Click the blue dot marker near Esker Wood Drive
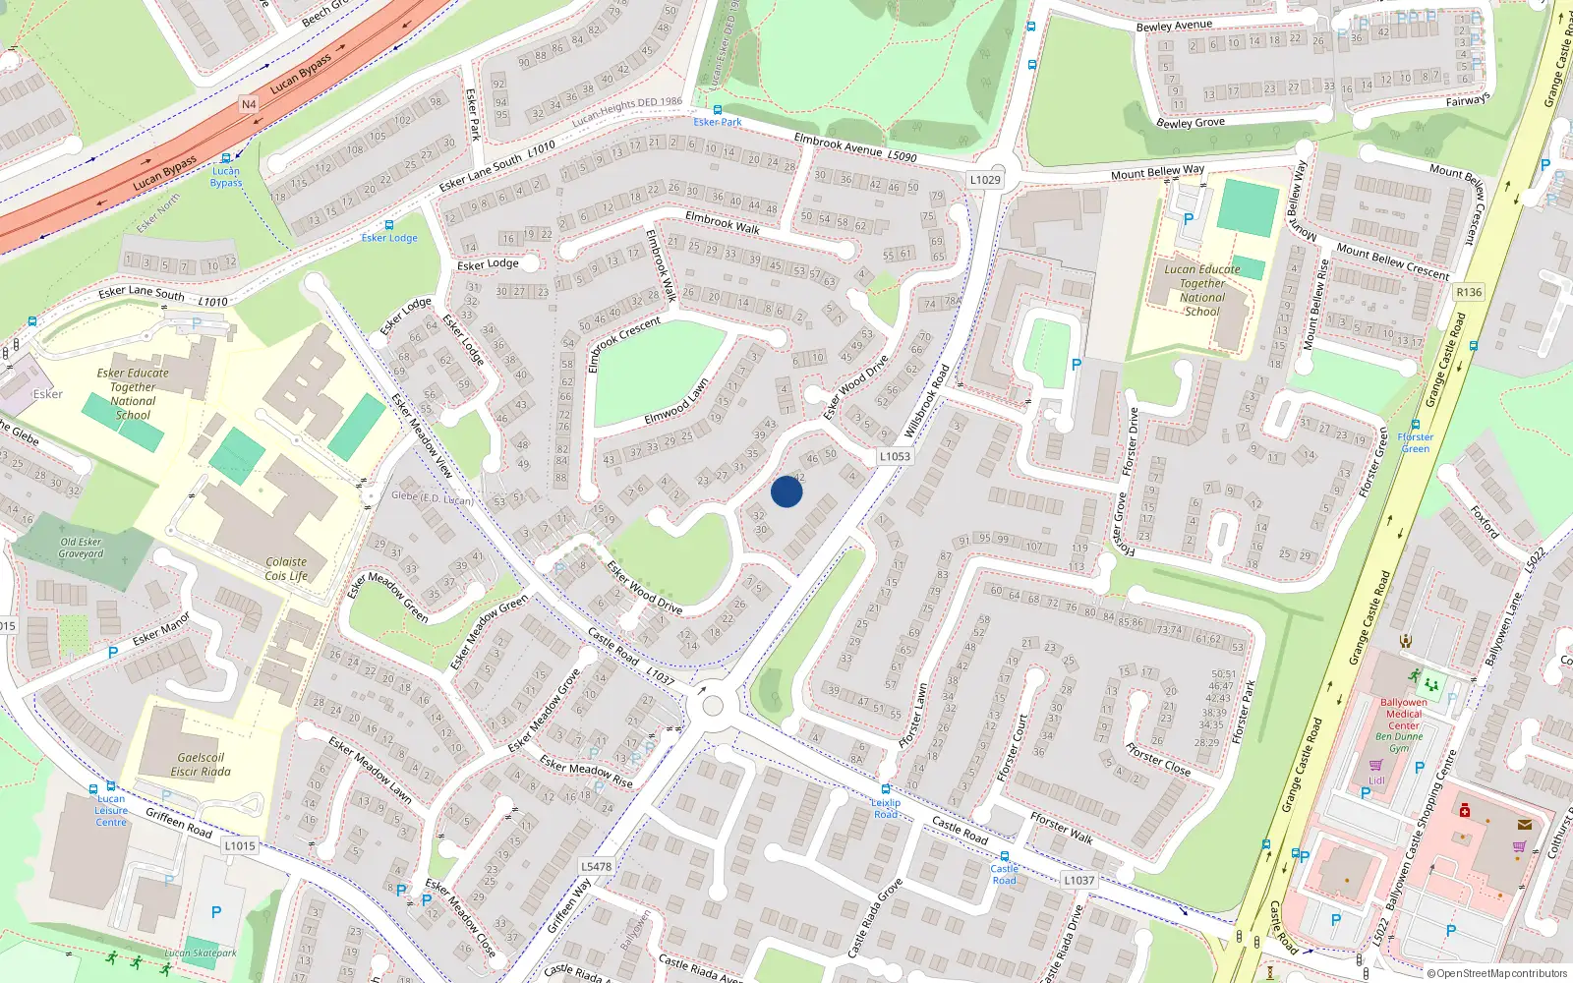click(x=786, y=491)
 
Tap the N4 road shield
click(x=249, y=104)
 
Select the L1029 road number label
click(x=985, y=180)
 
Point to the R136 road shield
click(x=1469, y=292)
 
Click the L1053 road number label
click(x=895, y=456)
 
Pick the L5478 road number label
click(x=596, y=866)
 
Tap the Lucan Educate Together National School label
click(x=1202, y=290)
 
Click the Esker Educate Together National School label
click(x=133, y=394)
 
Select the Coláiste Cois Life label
click(x=286, y=569)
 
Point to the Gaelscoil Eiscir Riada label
click(x=201, y=765)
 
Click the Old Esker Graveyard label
click(x=81, y=548)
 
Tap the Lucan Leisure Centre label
click(x=111, y=811)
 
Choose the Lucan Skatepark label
click(x=201, y=953)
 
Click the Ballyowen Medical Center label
click(x=1403, y=714)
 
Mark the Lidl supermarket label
click(x=1376, y=781)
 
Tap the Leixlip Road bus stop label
click(x=886, y=808)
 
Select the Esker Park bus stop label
click(x=718, y=122)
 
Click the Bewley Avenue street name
click(x=1174, y=26)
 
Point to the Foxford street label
click(x=1485, y=522)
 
